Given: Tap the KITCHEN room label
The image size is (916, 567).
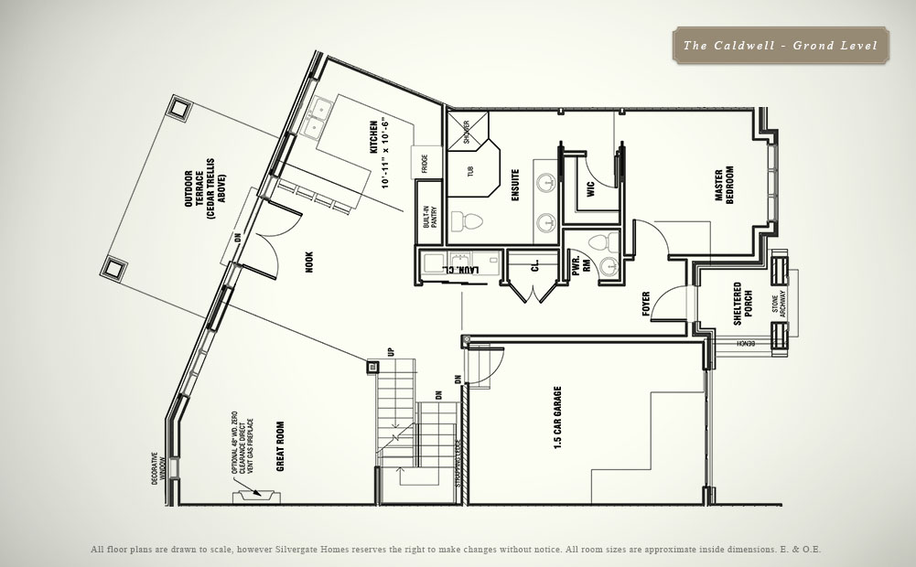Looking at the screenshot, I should pos(374,138).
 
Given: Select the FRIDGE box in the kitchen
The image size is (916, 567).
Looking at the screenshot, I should pos(426,163).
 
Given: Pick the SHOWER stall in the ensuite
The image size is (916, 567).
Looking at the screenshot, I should pos(467,132).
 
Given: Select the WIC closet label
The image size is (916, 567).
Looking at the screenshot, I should pos(578,190).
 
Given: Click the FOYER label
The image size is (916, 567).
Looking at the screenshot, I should pos(646,302).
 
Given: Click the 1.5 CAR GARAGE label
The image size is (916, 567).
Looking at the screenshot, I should pos(557,419).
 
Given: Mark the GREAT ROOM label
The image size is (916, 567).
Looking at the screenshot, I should pos(280,445).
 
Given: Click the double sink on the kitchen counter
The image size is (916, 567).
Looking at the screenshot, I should pos(319,111).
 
